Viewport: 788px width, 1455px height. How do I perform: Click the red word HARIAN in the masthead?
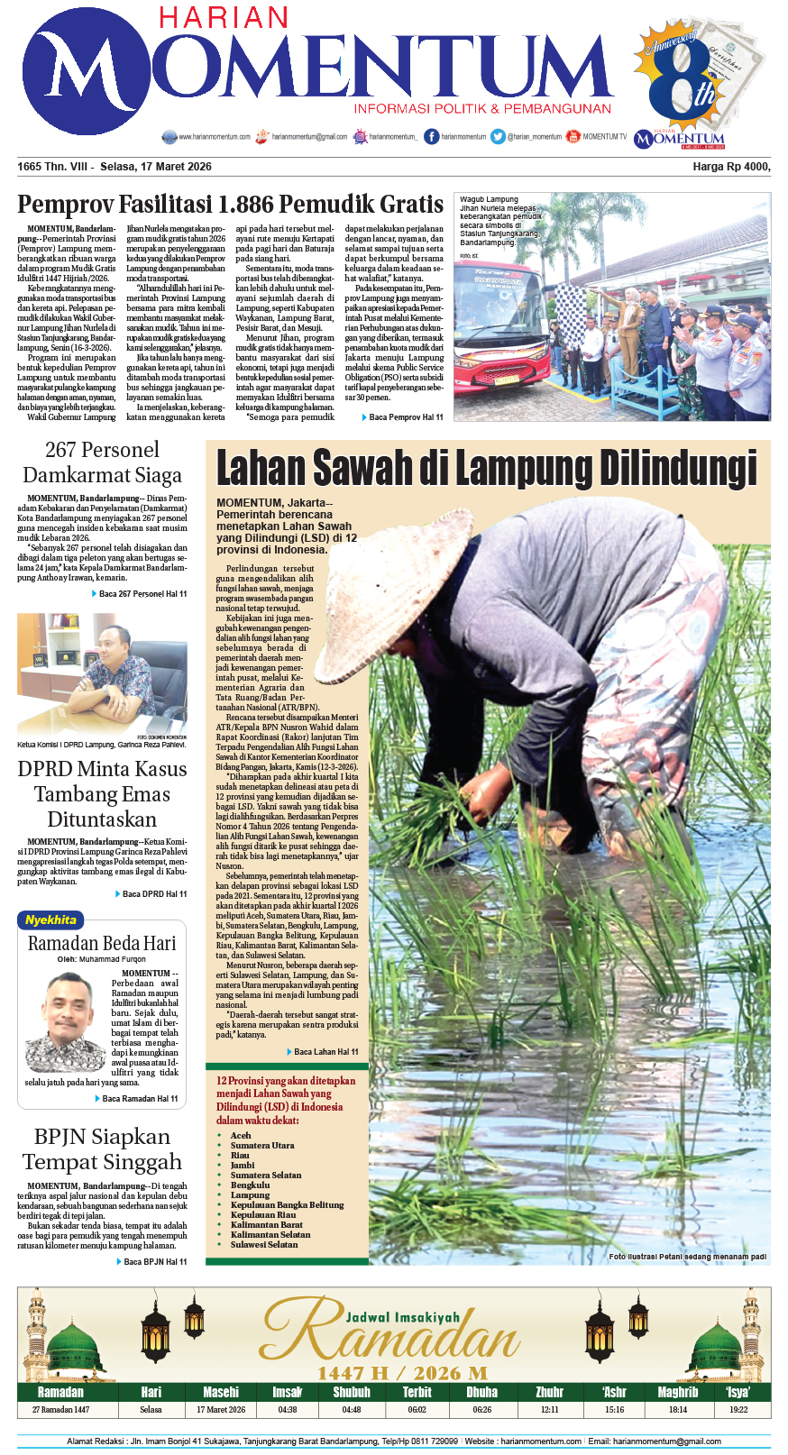point(224,17)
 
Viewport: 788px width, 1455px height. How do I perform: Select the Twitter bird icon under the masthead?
point(498,136)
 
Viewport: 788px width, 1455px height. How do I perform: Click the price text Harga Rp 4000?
point(731,167)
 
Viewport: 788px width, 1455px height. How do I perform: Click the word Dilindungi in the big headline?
point(678,469)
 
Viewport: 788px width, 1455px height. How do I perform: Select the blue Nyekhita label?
point(50,920)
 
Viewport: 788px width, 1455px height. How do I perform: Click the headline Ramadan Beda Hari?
point(102,944)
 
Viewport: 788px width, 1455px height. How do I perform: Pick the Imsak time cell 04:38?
point(288,1410)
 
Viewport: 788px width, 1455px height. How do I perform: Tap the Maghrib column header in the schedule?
point(678,1392)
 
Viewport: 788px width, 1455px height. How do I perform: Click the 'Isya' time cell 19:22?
point(738,1410)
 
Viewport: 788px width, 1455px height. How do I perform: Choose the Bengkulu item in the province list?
point(250,1185)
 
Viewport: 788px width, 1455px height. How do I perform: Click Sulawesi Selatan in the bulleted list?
point(263,1245)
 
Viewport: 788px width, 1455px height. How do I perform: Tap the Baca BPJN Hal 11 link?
point(154,1262)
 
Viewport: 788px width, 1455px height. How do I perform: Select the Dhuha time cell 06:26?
point(482,1410)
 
